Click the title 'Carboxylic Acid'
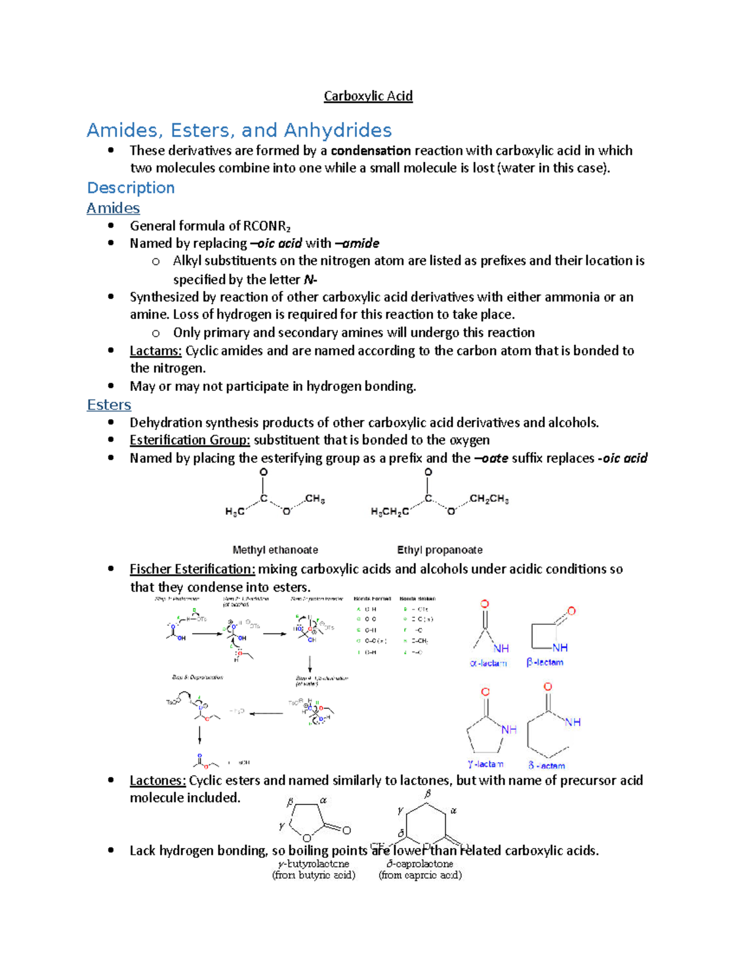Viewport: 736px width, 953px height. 368,96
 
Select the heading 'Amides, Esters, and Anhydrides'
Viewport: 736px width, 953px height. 239,130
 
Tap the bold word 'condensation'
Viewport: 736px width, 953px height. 370,151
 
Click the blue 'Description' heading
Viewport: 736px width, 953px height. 131,188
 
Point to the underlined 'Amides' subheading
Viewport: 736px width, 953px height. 113,209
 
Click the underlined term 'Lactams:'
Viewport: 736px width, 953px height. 155,351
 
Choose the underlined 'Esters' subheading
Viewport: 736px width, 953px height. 109,405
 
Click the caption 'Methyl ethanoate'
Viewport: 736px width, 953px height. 275,550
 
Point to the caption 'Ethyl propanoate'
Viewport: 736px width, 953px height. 440,550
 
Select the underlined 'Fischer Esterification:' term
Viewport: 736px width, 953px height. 192,569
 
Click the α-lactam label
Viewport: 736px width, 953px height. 488,663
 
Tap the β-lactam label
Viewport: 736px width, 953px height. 545,663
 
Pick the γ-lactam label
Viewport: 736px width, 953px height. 485,764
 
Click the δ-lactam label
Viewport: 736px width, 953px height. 546,765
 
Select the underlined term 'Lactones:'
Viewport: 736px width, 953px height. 158,781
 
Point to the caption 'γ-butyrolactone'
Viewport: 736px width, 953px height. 313,864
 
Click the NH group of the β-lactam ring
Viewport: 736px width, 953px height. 560,647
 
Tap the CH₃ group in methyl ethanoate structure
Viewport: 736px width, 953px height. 315,499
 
